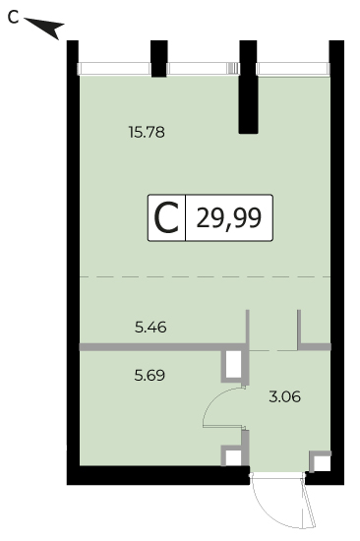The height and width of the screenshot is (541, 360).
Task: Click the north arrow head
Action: coord(52,28)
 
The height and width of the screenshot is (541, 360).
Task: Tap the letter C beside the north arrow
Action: coord(13,18)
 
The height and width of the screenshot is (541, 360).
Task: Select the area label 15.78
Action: coord(147,132)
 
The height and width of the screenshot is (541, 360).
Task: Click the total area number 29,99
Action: coord(228,218)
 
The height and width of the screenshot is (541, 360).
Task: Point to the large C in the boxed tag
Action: coord(166,218)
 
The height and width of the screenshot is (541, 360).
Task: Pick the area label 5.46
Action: coord(150,328)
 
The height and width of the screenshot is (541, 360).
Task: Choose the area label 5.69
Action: coord(150,375)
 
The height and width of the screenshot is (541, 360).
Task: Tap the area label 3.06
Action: coord(285,396)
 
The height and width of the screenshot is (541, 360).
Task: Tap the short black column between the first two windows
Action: coord(159,59)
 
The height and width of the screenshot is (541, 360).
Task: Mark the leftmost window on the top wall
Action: coord(114,69)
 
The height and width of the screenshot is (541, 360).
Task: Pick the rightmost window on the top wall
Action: coord(293,69)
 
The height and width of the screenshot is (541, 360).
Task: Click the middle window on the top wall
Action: coord(204,68)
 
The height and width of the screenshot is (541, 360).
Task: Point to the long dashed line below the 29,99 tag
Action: coord(205,276)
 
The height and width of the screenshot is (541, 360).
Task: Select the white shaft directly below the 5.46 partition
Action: coord(234,364)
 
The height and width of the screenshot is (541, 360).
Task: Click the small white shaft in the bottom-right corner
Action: coord(322,463)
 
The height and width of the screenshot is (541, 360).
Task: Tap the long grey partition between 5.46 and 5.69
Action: coord(163,347)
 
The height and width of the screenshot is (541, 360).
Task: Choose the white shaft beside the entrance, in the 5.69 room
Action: coord(233,457)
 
